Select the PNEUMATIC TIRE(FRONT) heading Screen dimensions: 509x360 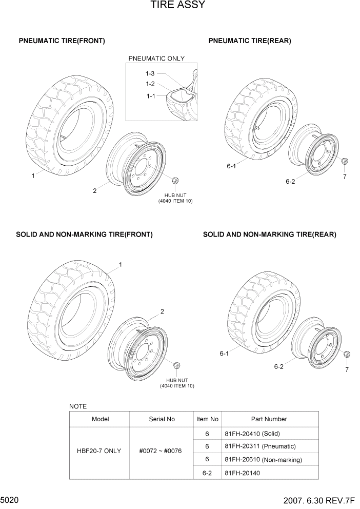62,41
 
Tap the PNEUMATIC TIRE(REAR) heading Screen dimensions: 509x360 250,41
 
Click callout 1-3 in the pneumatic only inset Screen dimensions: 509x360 150,74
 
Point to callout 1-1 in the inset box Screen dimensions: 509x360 151,95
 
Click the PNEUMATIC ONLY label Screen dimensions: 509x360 156,58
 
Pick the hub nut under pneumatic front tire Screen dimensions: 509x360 175,181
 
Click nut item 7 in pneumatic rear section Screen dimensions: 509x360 345,162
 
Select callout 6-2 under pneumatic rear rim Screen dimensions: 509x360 290,181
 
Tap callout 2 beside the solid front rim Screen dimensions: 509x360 162,311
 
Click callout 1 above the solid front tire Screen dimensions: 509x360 121,265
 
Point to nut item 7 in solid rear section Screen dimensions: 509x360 347,355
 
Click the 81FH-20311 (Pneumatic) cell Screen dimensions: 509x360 260,446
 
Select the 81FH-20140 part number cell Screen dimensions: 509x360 243,473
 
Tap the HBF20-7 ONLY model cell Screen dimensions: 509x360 99,451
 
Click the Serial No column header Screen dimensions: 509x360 162,419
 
